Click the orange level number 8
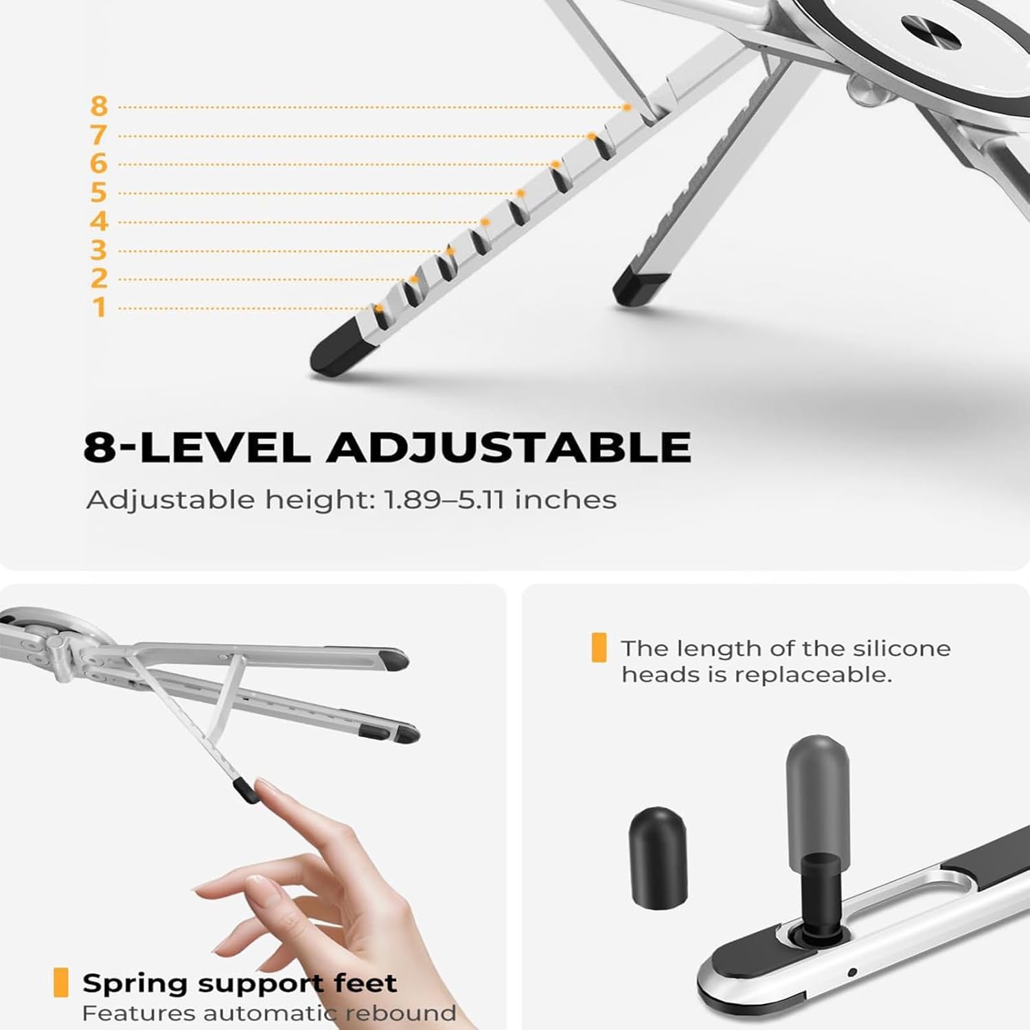pos(100,106)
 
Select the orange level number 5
pos(100,192)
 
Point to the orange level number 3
pos(100,250)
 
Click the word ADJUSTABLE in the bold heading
pos(509,447)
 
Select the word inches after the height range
pos(565,500)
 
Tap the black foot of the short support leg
pos(639,287)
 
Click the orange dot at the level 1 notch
pos(379,308)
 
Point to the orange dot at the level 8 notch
pos(626,107)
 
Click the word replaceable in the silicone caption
pos(812,675)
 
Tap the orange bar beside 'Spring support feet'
pos(61,983)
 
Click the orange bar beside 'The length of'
pos(599,648)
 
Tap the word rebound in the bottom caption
pos(400,1013)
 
